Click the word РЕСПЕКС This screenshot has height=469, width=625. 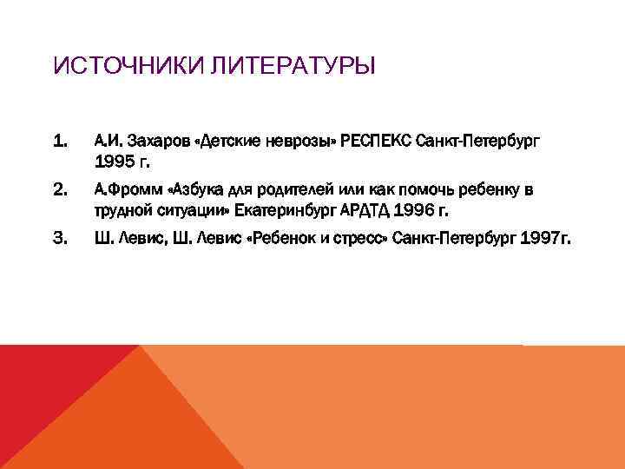(378, 141)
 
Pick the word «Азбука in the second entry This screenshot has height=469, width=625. (198, 189)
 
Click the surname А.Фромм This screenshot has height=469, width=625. (127, 189)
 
